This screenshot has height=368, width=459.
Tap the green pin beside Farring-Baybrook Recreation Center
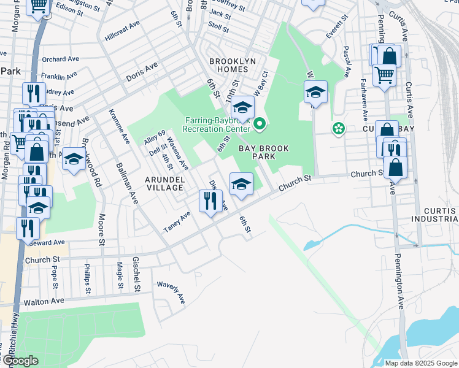click(260, 125)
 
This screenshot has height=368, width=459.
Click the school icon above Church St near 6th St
click(241, 183)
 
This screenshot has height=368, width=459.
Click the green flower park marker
click(337, 129)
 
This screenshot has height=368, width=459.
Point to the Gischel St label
click(137, 273)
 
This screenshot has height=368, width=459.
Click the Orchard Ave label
click(61, 59)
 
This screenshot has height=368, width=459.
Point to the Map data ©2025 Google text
click(420, 363)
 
